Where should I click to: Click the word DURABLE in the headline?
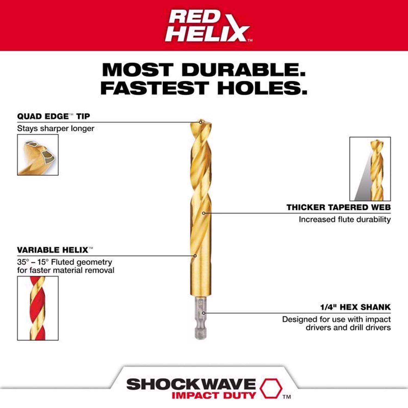click(244, 70)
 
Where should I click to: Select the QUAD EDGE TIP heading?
click(53, 116)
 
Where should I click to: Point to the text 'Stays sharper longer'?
click(55, 128)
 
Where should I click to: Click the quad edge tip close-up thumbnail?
click(38, 155)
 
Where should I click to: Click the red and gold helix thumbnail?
click(38, 308)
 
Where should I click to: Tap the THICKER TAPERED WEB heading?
click(338, 207)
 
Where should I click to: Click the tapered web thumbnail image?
click(370, 169)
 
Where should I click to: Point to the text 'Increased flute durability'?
click(345, 219)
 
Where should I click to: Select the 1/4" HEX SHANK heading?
click(355, 307)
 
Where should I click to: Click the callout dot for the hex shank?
click(204, 313)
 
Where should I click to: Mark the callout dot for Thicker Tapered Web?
click(203, 213)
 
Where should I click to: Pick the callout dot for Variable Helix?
click(195, 256)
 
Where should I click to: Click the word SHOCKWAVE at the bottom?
click(191, 384)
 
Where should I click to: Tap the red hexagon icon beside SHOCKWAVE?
click(271, 388)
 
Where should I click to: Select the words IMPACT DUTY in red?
click(214, 395)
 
